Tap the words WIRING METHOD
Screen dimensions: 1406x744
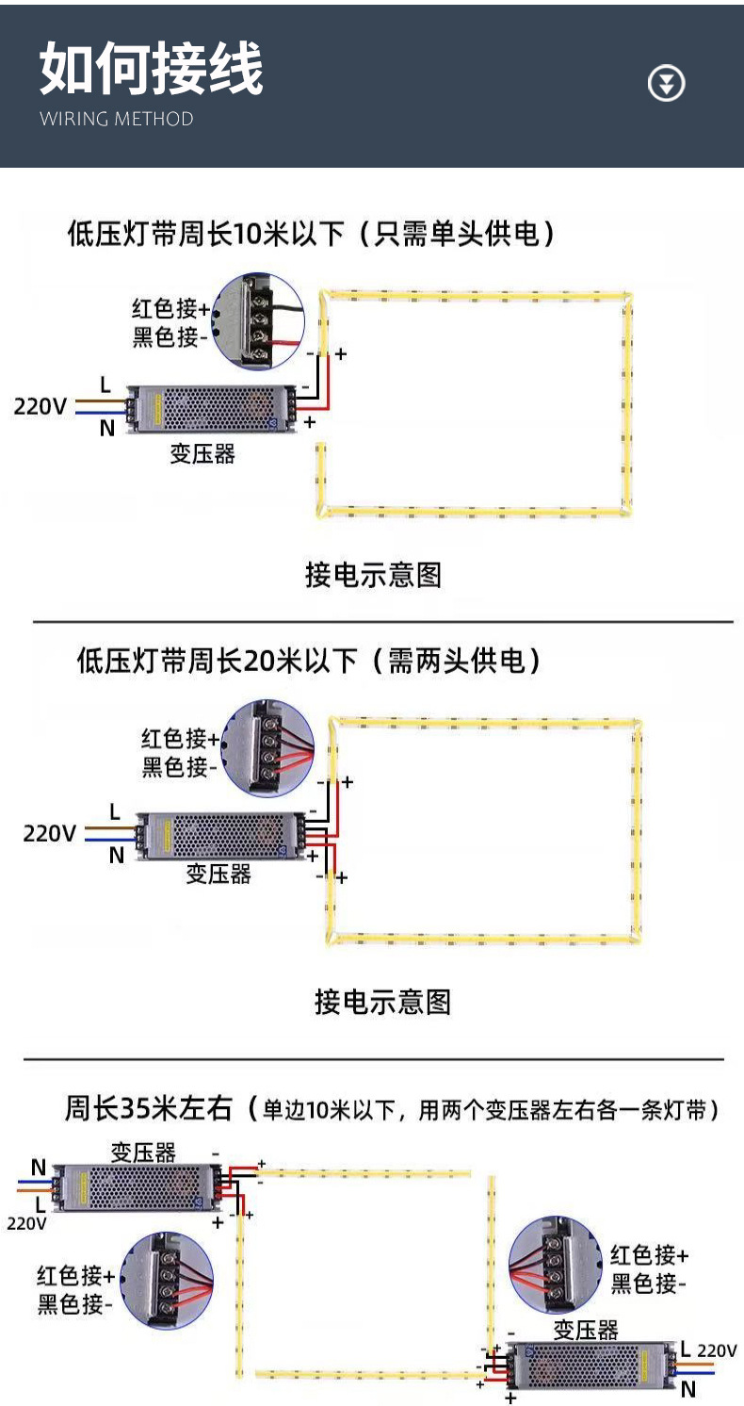point(117,119)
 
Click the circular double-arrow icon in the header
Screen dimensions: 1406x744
point(667,84)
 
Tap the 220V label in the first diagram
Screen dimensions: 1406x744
point(40,407)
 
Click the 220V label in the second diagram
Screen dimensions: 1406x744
point(50,833)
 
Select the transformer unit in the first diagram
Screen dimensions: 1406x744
point(212,407)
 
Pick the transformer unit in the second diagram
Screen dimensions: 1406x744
point(221,835)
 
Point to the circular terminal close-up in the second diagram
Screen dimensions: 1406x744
point(268,745)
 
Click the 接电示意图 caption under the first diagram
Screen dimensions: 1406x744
point(373,574)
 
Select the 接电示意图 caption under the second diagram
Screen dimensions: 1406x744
point(382,1001)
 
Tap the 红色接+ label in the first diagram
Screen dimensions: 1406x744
point(170,308)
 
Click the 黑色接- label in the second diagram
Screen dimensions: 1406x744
point(179,768)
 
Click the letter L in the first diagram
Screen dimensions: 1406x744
point(105,384)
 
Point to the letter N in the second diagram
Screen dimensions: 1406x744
point(116,856)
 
